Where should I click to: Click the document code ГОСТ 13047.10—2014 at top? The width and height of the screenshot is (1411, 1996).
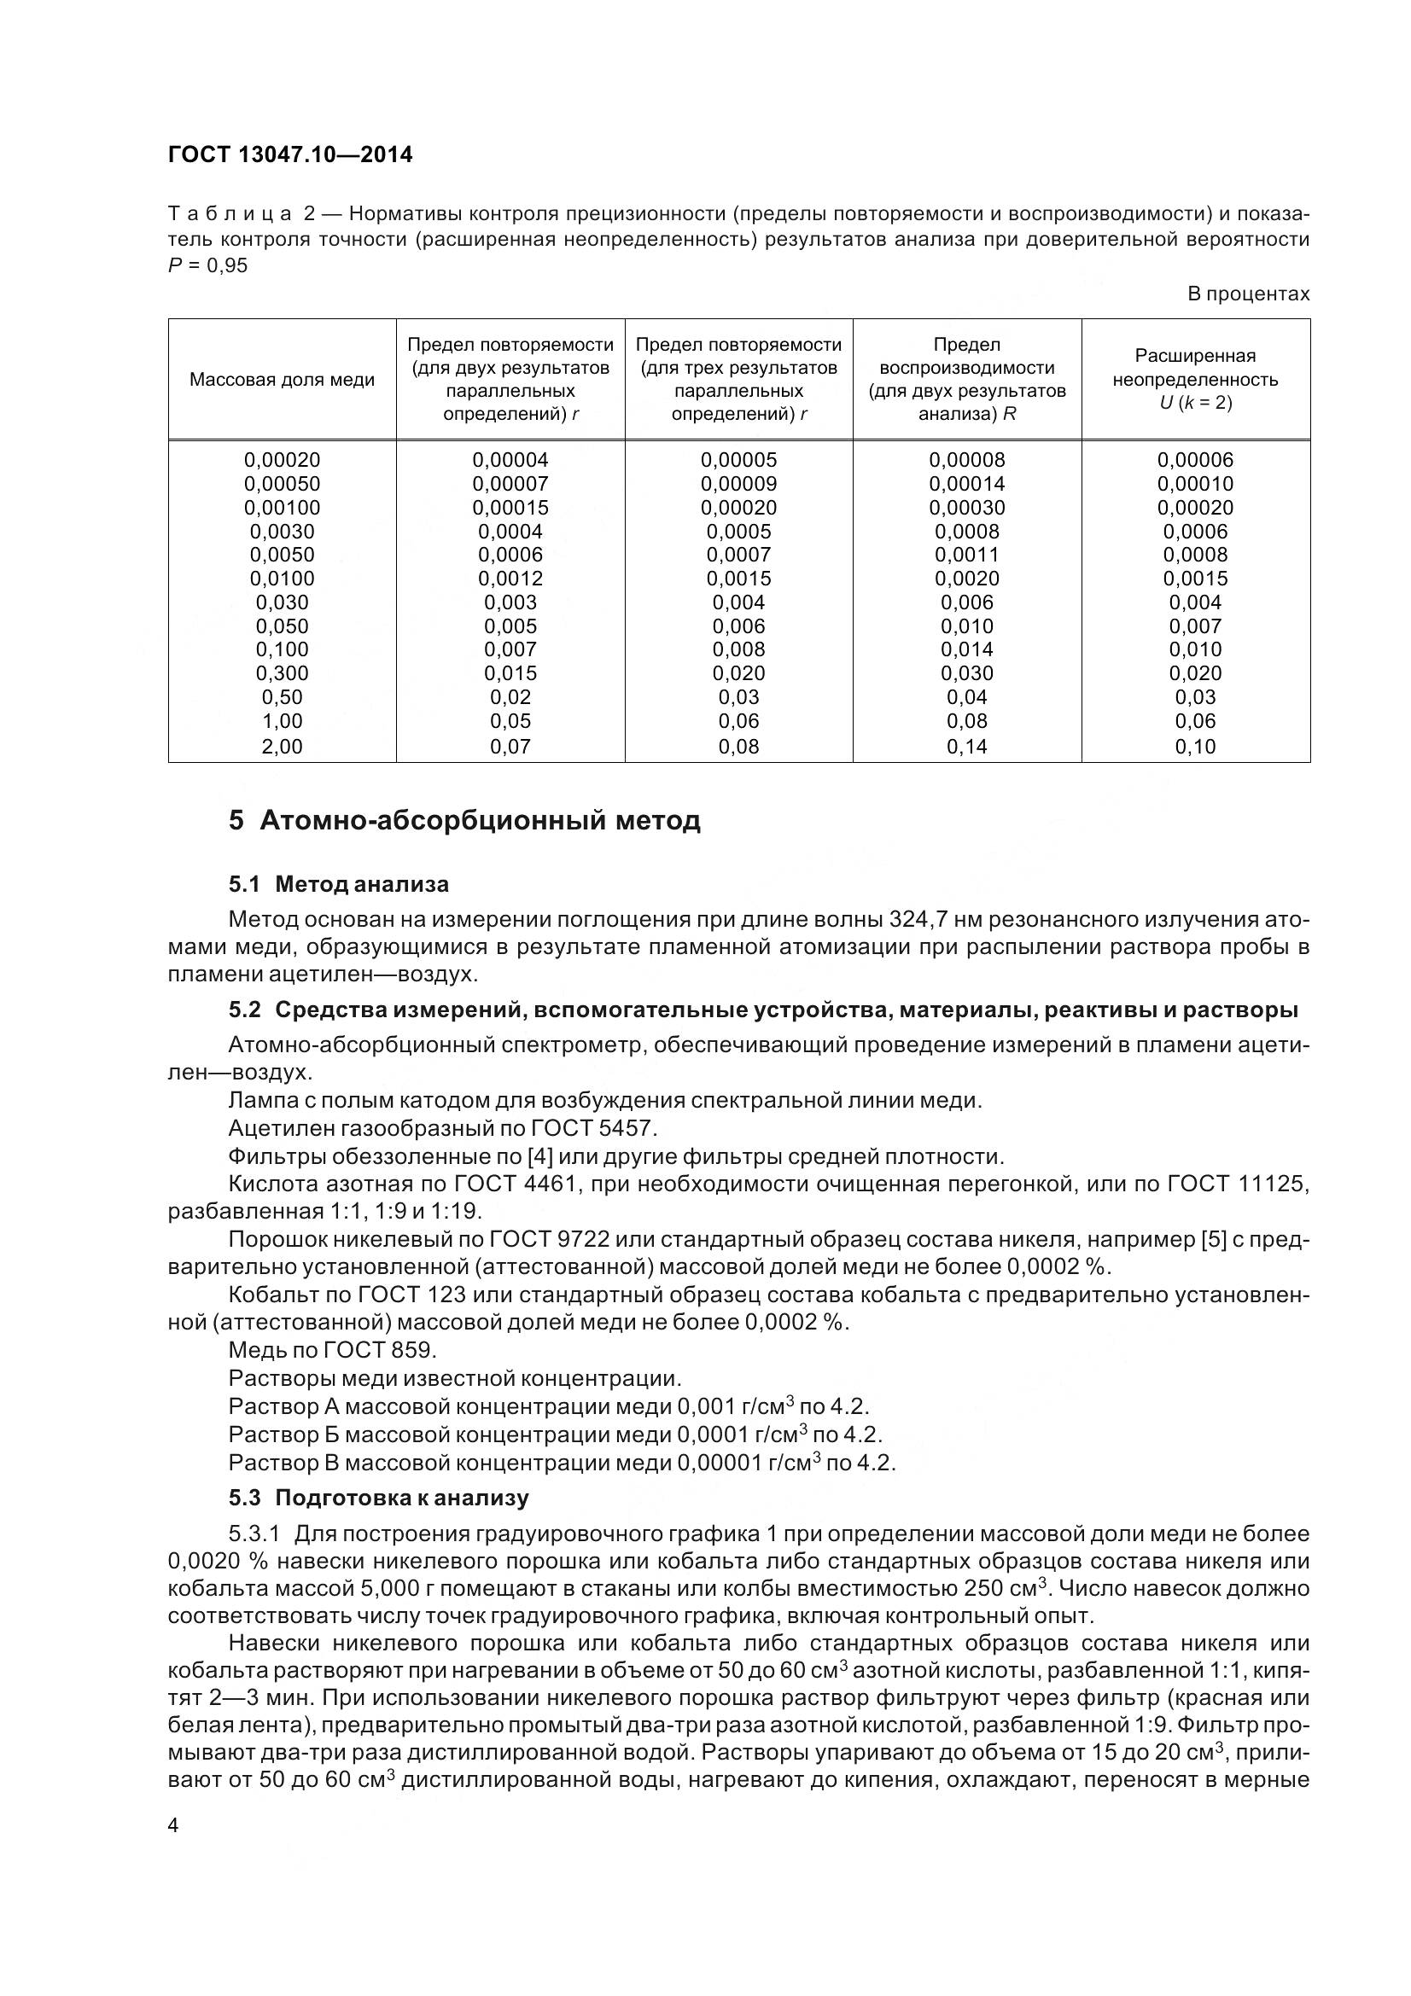pyautogui.click(x=289, y=154)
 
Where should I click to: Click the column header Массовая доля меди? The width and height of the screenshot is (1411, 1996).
pyautogui.click(x=282, y=380)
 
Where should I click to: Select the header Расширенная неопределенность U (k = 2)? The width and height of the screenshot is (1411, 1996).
pyautogui.click(x=1194, y=379)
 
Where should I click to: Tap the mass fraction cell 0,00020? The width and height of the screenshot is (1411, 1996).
pyautogui.click(x=282, y=460)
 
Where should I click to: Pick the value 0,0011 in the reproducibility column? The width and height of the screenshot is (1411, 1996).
pyautogui.click(x=967, y=555)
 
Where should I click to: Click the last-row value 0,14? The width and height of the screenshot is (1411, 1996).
pyautogui.click(x=967, y=746)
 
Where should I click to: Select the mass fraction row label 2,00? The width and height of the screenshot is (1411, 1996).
pyautogui.click(x=282, y=746)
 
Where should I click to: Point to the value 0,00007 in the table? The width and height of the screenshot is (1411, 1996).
pyautogui.click(x=510, y=483)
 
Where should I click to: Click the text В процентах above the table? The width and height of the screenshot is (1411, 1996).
pyautogui.click(x=1248, y=294)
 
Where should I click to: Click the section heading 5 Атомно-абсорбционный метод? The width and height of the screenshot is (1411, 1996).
pyautogui.click(x=464, y=821)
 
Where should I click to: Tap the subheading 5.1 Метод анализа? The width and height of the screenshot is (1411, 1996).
pyautogui.click(x=339, y=884)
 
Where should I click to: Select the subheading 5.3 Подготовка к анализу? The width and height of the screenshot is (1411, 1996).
pyautogui.click(x=378, y=1498)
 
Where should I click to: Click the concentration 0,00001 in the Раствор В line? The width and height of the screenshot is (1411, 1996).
pyautogui.click(x=719, y=1464)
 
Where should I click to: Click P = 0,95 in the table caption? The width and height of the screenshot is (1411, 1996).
pyautogui.click(x=207, y=265)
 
